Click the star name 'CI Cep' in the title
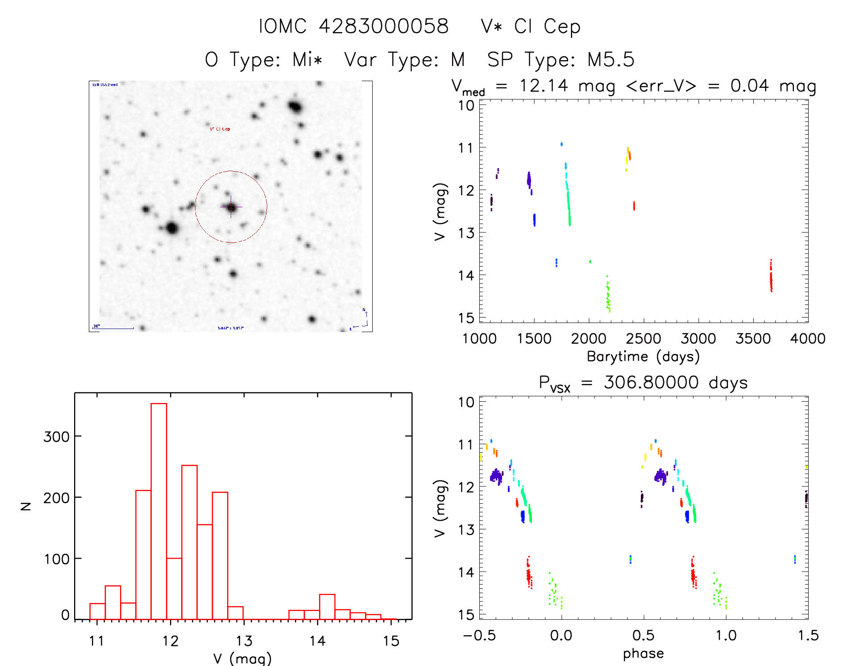547,26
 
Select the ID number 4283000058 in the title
383,26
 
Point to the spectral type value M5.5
610,60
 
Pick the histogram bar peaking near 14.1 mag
327,606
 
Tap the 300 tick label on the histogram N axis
57,436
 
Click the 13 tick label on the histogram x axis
244,641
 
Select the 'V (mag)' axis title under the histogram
242,658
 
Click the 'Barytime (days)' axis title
643,357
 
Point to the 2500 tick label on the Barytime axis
644,339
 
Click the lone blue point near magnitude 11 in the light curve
561,144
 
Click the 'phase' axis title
643,654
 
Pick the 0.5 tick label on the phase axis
644,636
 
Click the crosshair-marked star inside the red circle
231,207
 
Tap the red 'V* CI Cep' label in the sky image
220,129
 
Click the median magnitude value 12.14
544,86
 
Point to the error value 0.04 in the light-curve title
749,86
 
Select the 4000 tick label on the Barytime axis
808,339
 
